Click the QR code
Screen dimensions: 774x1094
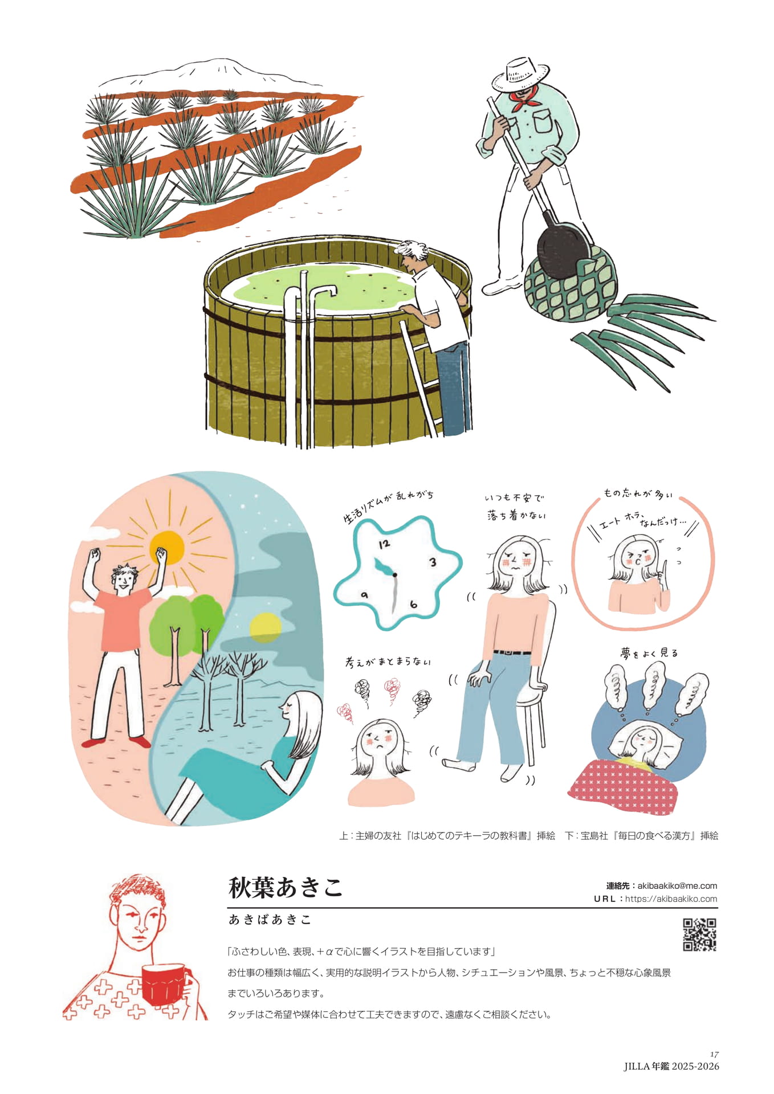pyautogui.click(x=699, y=934)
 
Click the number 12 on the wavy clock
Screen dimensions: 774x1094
pyautogui.click(x=385, y=543)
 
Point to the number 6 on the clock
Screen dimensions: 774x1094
pyautogui.click(x=413, y=605)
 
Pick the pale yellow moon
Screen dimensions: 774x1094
pyautogui.click(x=265, y=628)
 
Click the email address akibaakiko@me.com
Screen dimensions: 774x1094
pyautogui.click(x=677, y=885)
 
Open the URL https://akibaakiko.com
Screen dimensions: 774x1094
pyautogui.click(x=671, y=899)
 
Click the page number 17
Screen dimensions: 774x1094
pyautogui.click(x=714, y=1054)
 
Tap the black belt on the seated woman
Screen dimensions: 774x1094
pyautogui.click(x=512, y=652)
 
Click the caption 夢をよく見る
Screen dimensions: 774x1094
pyautogui.click(x=649, y=653)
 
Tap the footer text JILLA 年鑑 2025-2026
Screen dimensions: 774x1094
pyautogui.click(x=671, y=1066)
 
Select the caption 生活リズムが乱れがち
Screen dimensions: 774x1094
pyautogui.click(x=388, y=506)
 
